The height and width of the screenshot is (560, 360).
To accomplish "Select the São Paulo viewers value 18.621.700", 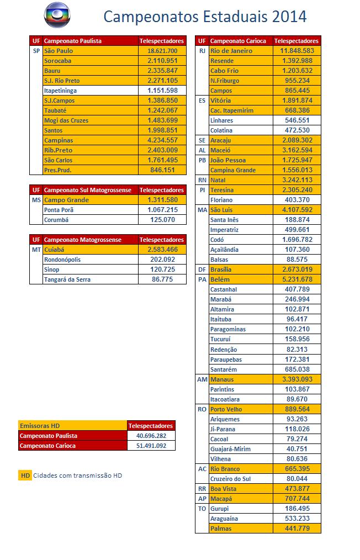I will tap(162, 51).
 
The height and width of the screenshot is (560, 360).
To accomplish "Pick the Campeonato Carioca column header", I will tap(238, 41).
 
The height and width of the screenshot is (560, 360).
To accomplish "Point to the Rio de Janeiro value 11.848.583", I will tap(297, 51).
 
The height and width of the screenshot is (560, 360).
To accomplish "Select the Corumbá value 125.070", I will tap(162, 220).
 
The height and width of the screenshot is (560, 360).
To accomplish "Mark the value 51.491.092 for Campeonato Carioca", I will tap(151, 446).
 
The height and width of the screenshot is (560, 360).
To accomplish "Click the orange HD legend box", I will tap(25, 475).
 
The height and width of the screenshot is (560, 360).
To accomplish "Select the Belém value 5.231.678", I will tap(297, 279).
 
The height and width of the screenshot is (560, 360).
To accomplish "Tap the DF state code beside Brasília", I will tap(202, 270).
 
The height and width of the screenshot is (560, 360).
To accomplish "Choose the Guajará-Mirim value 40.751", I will tap(297, 449).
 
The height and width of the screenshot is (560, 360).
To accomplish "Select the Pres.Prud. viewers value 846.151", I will tap(162, 170).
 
